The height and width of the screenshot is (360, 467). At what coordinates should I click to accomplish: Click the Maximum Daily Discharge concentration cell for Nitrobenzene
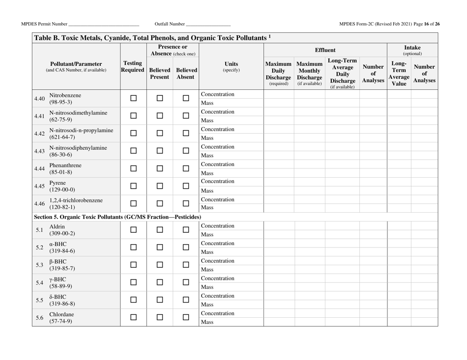pyautogui.click(x=279, y=94)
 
